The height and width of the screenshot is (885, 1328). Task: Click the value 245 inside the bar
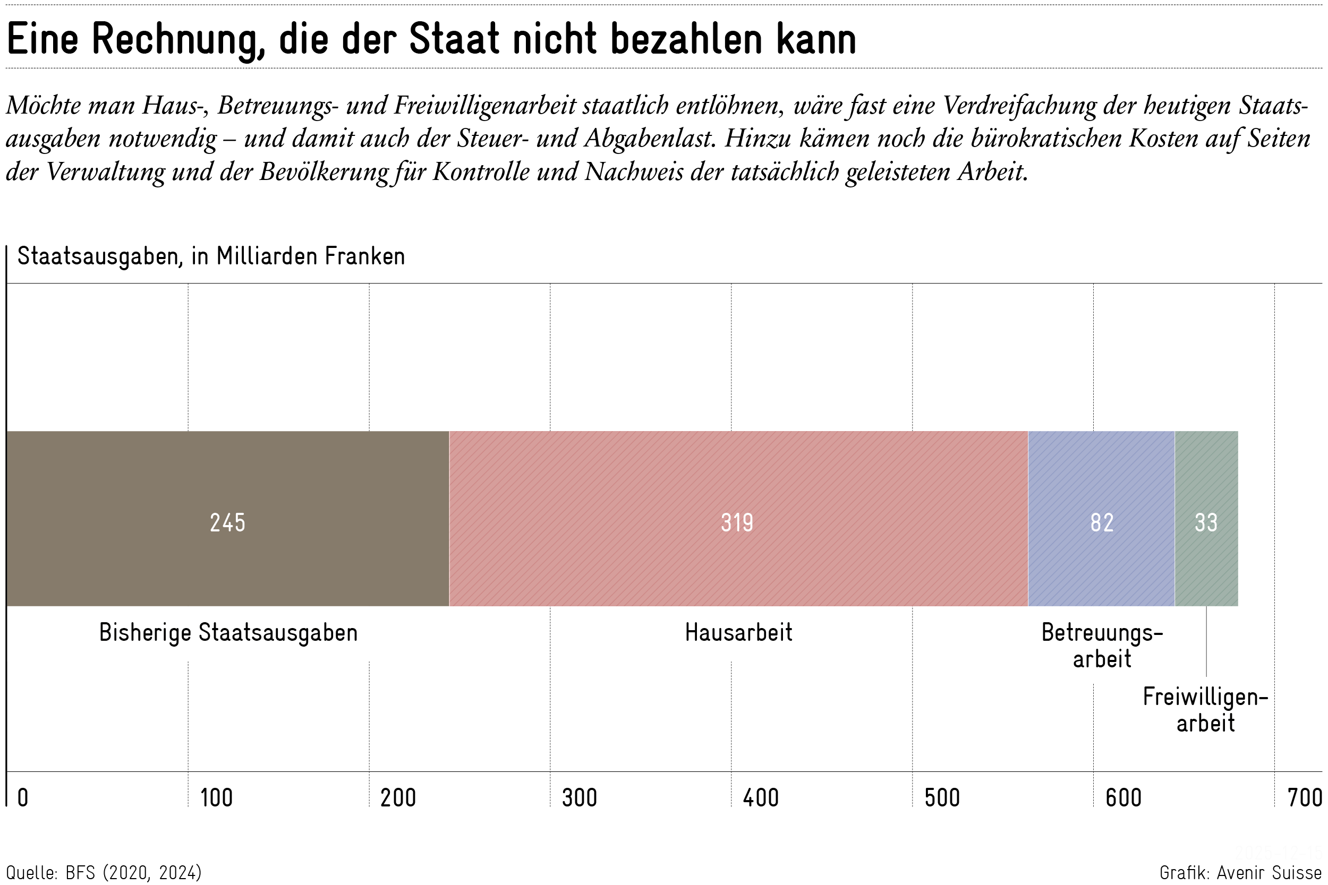(x=227, y=522)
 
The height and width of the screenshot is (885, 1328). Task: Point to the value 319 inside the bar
(x=737, y=522)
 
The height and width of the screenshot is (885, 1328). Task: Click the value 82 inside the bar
(x=1102, y=522)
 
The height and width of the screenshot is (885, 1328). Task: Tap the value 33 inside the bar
(x=1206, y=522)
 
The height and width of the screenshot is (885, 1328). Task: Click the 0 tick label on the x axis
(x=23, y=798)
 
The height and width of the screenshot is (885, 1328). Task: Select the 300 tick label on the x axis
(x=580, y=798)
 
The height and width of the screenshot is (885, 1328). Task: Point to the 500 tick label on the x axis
(x=942, y=798)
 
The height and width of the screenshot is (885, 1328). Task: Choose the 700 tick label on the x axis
(x=1304, y=798)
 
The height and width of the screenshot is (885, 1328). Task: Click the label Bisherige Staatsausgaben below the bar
(x=228, y=633)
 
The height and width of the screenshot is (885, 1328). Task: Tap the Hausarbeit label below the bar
(x=738, y=633)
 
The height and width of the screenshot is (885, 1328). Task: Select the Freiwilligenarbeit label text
(x=1205, y=710)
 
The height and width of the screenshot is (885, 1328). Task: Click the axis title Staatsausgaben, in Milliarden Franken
(x=211, y=256)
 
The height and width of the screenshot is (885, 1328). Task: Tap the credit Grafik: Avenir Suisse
(x=1240, y=873)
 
